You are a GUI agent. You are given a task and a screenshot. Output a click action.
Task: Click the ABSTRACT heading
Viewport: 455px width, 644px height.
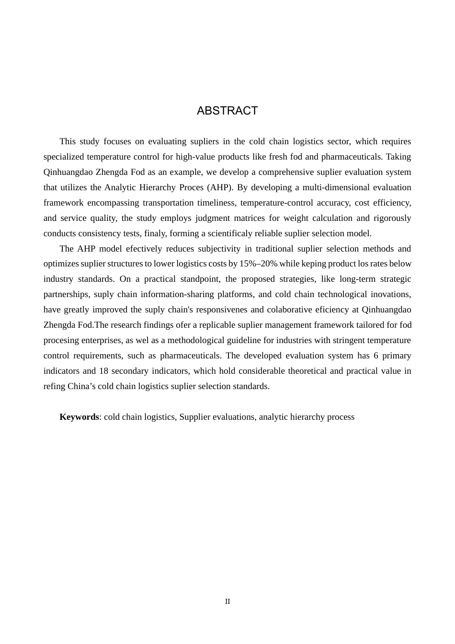point(227,111)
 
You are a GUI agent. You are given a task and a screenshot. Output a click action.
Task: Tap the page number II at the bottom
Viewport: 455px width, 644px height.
point(227,601)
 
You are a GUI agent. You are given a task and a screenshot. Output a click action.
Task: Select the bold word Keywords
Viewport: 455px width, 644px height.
point(79,417)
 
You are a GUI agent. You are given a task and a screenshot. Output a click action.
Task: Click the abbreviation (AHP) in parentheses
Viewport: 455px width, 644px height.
point(220,187)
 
